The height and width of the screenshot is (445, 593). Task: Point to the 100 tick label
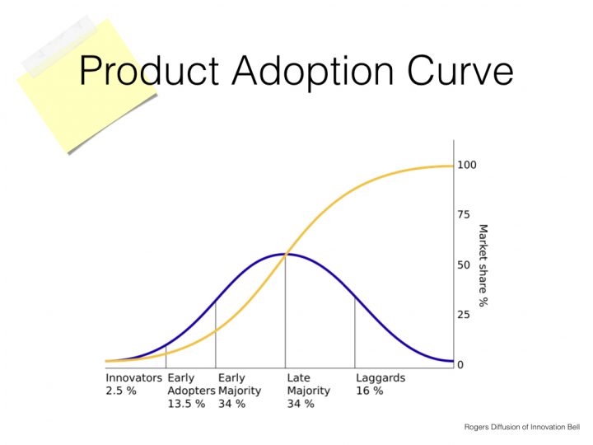point(467,165)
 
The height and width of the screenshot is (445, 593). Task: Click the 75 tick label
point(464,215)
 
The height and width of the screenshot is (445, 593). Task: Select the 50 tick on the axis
point(464,265)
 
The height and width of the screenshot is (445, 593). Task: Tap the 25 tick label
point(464,315)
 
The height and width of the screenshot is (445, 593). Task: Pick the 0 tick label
point(460,365)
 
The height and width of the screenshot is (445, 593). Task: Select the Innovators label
point(133,378)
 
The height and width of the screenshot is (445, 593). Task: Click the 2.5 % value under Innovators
point(120,391)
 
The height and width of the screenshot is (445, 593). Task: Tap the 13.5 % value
point(186,404)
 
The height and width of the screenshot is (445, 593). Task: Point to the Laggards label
point(381,378)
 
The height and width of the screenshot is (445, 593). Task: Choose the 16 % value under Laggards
point(369,391)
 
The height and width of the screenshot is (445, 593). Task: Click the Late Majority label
point(308,384)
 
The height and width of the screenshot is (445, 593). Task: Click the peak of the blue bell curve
point(285,254)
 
